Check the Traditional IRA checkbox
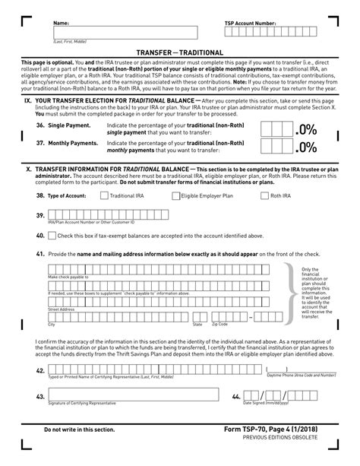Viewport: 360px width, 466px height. click(105, 195)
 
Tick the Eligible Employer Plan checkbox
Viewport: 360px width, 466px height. click(176, 195)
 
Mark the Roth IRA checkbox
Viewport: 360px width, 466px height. click(265, 195)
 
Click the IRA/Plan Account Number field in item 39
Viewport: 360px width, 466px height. click(152, 216)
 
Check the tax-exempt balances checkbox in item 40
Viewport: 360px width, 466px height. click(52, 236)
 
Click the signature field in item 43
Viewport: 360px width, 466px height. click(137, 396)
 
